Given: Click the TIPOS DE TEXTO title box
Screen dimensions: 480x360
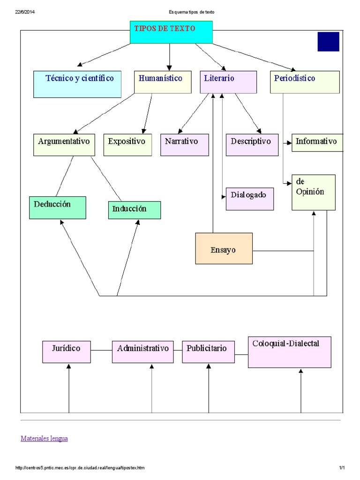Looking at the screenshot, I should (x=171, y=32).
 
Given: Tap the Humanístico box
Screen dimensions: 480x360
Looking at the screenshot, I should (x=163, y=82).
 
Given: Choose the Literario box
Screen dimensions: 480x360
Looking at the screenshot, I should (x=228, y=82).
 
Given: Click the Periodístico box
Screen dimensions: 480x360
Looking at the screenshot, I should (x=305, y=82).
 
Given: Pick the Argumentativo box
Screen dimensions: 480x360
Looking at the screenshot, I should (x=64, y=145).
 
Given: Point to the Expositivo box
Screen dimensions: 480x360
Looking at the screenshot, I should (x=127, y=145).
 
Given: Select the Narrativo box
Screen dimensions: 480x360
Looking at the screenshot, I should (x=184, y=145).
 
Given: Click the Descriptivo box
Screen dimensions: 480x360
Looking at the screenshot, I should (x=255, y=145).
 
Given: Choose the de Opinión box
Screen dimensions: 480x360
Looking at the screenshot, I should (x=313, y=192).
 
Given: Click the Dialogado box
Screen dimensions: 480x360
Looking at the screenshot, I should (x=250, y=199).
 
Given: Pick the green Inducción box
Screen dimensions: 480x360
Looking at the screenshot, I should (x=135, y=210).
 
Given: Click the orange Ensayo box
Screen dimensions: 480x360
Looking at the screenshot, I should (x=224, y=248).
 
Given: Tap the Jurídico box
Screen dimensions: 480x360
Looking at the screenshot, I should (x=67, y=352).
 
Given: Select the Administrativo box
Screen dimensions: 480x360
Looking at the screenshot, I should (x=142, y=352).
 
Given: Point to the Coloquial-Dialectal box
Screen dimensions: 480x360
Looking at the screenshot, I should (x=290, y=352).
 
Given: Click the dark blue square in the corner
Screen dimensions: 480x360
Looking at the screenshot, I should (x=328, y=42).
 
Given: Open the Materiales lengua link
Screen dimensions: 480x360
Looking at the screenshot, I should (x=44, y=438).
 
